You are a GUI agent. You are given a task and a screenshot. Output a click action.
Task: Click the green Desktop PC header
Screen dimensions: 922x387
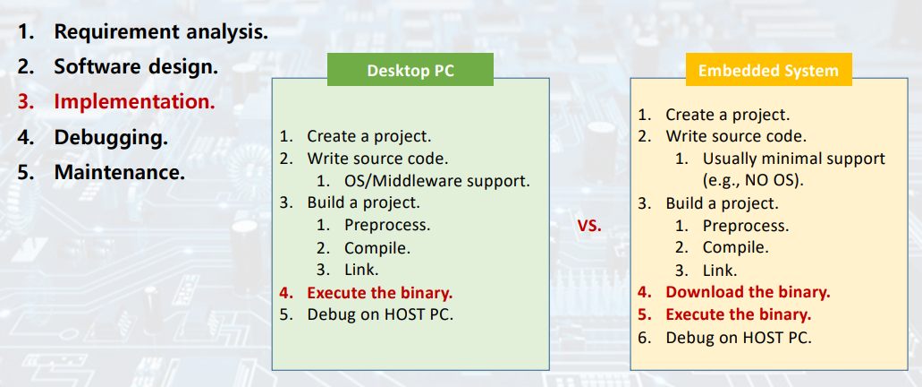[410, 71]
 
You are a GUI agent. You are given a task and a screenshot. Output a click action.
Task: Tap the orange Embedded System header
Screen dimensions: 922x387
[768, 71]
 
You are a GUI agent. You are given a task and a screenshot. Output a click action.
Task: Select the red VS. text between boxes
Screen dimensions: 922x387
[589, 226]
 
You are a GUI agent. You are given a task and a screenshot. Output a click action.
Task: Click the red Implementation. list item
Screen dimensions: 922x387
[134, 101]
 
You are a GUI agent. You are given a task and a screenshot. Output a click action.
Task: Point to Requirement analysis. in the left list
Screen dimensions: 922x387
[161, 31]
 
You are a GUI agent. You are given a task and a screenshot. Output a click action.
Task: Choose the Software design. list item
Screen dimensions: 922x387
[136, 66]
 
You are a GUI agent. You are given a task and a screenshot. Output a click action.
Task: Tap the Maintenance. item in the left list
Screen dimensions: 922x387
[120, 171]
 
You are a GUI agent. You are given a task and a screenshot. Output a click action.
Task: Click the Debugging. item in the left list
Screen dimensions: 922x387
[111, 138]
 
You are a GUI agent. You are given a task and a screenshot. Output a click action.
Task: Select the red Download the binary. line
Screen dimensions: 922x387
[748, 292]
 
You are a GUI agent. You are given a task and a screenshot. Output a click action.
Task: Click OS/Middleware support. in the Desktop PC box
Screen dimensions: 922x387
[436, 181]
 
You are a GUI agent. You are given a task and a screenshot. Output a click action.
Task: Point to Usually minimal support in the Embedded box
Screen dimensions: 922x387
[793, 159]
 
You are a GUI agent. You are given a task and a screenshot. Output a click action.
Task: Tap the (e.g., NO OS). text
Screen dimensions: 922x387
[754, 179]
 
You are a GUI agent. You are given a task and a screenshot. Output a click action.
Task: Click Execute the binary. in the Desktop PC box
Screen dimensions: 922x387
[379, 292]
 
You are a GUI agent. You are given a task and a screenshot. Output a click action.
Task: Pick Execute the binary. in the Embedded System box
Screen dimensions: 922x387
[738, 314]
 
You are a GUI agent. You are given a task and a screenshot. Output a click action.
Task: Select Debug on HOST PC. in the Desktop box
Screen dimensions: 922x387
[380, 314]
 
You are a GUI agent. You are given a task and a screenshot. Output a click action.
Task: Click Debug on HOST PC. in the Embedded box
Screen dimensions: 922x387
[739, 338]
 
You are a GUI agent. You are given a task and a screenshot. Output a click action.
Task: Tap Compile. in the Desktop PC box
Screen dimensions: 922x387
[376, 248]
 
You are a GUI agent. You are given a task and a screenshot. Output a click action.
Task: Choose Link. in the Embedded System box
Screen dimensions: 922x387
[719, 270]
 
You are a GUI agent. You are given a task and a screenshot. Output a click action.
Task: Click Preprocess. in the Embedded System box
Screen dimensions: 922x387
[745, 226]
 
